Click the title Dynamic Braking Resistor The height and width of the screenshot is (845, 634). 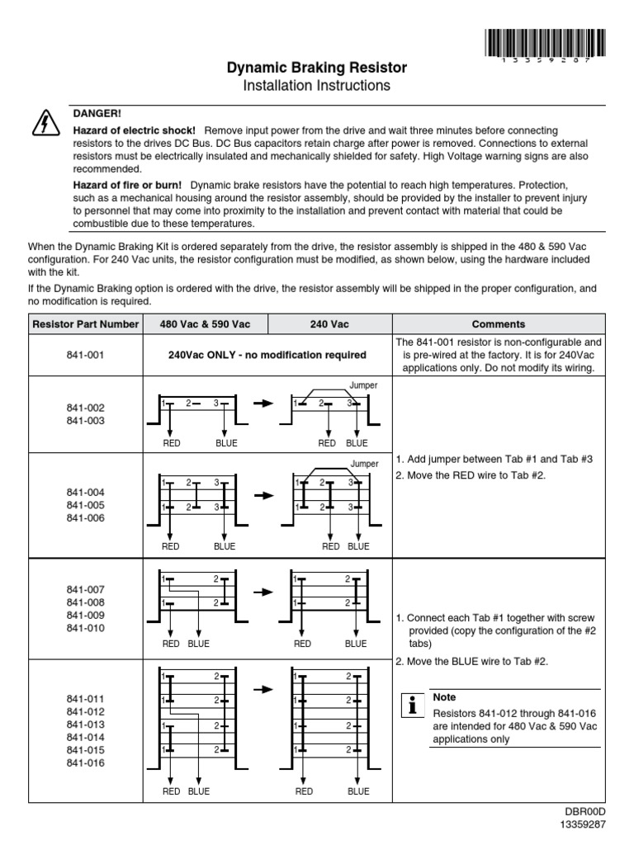317,68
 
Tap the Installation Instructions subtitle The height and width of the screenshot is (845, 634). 317,86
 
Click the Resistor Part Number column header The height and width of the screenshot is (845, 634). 85,324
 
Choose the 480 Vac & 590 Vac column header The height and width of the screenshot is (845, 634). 206,324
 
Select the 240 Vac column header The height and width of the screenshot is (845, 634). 329,324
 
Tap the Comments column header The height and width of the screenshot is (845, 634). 498,324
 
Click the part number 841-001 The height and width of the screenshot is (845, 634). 85,355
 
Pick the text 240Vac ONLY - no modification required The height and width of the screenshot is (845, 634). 267,355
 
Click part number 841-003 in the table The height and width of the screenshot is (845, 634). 85,421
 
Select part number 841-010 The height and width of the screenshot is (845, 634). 85,628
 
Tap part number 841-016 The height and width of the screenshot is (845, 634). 85,763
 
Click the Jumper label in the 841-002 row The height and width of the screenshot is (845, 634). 363,385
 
